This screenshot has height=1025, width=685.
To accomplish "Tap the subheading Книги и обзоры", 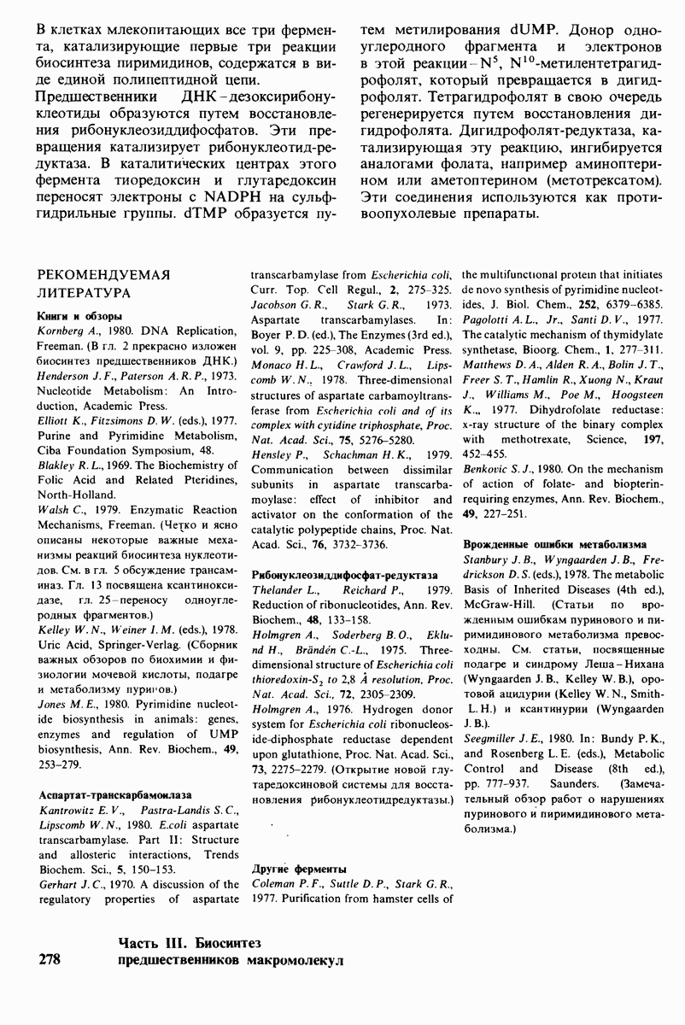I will [72, 316].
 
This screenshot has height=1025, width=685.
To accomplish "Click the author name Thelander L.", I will [281, 590].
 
